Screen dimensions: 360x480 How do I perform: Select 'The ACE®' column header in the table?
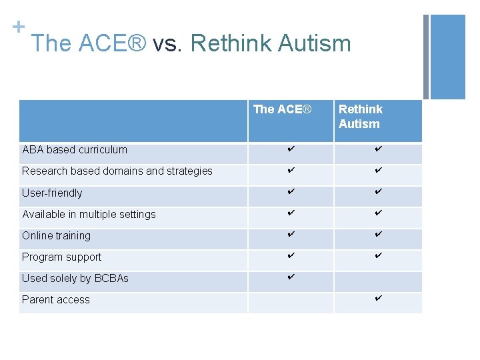[282, 109]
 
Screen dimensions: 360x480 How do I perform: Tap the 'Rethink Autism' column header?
[360, 116]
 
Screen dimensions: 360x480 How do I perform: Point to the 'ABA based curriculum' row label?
[75, 150]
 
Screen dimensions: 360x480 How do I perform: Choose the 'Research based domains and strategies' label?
[117, 171]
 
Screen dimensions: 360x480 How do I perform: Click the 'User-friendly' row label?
[52, 193]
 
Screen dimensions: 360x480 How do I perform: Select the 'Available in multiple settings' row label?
[89, 215]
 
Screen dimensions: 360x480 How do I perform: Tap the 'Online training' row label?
[56, 236]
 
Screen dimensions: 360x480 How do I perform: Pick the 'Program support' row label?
[62, 257]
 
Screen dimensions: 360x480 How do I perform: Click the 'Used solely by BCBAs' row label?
[75, 279]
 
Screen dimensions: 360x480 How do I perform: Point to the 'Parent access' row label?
[56, 300]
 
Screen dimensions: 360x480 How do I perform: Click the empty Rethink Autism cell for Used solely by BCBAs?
[378, 281]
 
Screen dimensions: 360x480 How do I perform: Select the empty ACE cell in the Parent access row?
[291, 303]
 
